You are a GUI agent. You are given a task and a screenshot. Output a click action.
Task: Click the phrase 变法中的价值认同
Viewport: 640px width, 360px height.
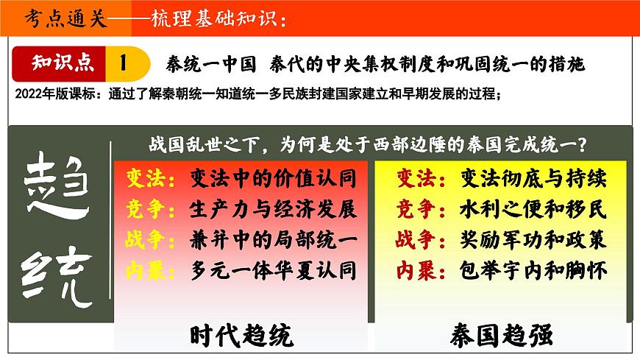coord(273,179)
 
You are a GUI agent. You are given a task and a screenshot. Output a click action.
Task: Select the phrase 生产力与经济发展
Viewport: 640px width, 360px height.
coord(273,209)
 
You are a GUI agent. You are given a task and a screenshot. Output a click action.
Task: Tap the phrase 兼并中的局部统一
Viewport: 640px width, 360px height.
coord(273,240)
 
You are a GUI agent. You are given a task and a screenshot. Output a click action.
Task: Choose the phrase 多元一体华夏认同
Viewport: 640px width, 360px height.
coord(273,270)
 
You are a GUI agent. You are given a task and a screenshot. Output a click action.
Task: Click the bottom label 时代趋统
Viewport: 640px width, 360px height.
coord(241,335)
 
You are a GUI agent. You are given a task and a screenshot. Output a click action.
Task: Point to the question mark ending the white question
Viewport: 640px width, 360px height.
coord(600,144)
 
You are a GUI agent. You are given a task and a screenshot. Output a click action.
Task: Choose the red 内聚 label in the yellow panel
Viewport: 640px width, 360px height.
coord(417,270)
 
